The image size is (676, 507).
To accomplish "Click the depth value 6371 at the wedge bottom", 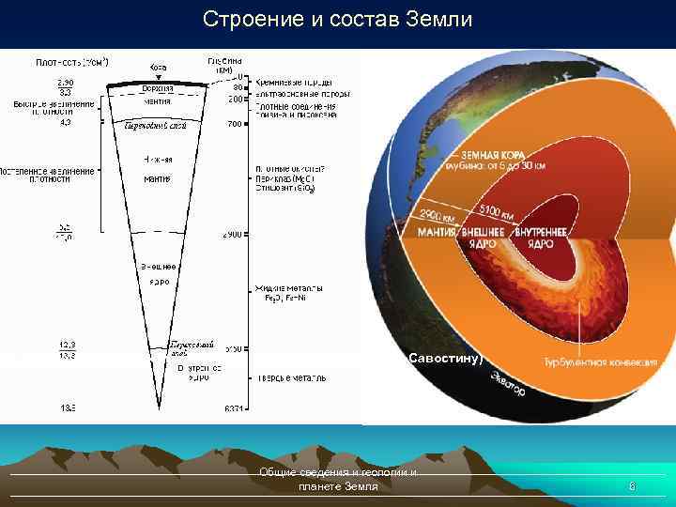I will click(x=234, y=408).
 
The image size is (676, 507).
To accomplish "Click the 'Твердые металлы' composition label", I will click(x=290, y=377).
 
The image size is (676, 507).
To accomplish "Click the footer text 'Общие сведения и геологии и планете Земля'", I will click(x=338, y=480).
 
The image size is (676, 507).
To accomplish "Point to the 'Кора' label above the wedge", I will click(x=158, y=68).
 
